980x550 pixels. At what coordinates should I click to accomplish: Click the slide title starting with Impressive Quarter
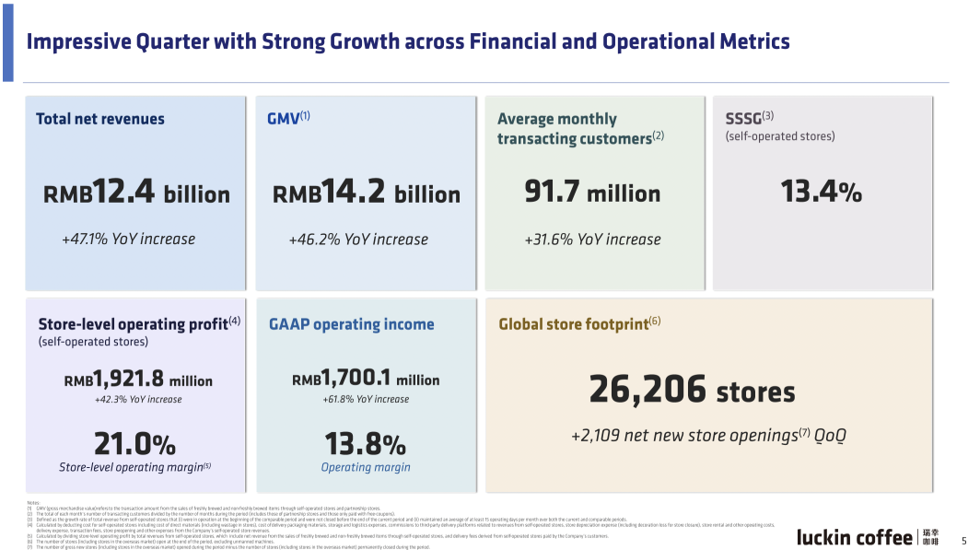coord(408,42)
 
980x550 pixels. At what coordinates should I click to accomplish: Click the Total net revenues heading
coord(100,119)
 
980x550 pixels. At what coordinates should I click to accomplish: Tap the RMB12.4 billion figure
coord(136,193)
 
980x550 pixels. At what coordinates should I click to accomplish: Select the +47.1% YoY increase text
coord(129,240)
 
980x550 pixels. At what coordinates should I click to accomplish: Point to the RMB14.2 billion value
coord(367,193)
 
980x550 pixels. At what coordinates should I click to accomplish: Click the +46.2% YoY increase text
coord(358,240)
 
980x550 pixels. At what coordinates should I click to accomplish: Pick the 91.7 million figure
coord(592,193)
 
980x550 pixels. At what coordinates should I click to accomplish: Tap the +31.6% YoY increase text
coord(592,240)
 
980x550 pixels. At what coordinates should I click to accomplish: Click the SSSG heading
coord(750,118)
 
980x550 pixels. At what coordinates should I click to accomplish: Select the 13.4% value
coord(821,192)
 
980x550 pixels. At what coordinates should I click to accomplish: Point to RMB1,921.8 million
coord(138,380)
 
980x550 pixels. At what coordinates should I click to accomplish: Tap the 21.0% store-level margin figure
coord(134,444)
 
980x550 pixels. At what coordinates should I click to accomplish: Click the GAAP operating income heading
coord(351,324)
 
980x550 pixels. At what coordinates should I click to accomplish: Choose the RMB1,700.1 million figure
coord(366,379)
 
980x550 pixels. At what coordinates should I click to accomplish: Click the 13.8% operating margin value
coord(365,444)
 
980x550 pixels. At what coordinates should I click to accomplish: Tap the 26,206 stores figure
coord(692,391)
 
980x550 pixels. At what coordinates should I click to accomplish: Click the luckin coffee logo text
coord(855,537)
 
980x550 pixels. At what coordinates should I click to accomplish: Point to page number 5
coord(963,541)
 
